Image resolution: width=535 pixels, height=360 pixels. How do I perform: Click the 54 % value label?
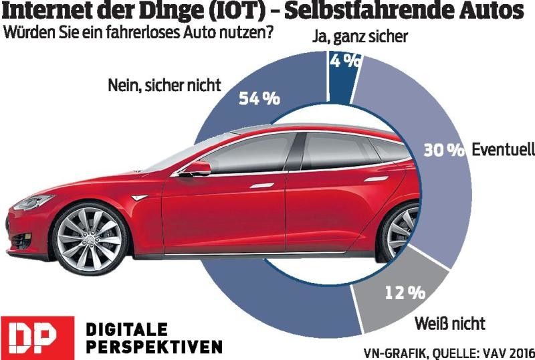click(259, 99)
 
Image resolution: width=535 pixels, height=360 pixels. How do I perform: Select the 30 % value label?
click(443, 151)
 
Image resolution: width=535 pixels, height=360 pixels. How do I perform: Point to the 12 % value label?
click(404, 292)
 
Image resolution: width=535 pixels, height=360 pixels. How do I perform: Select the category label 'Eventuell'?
click(502, 150)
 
